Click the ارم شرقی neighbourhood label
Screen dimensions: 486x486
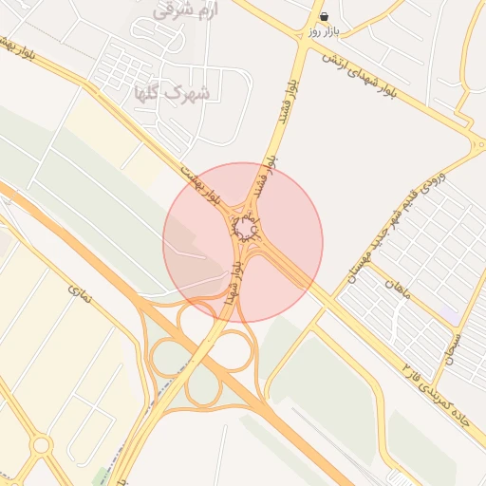184,10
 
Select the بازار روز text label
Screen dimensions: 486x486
324,31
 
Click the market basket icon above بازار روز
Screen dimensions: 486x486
325,16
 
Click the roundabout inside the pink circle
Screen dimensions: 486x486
245,229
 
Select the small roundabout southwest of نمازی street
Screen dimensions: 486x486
41,444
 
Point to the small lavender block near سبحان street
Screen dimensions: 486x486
448,312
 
